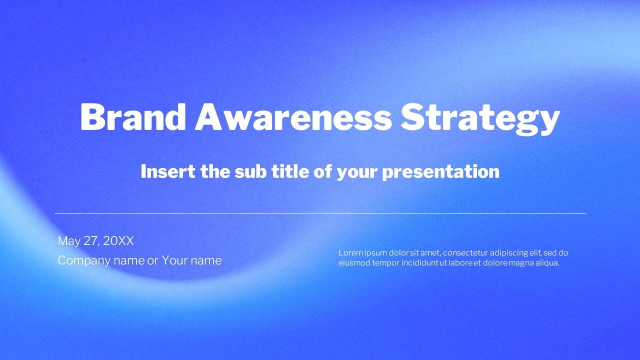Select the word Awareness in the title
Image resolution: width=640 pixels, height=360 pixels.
[x=293, y=117]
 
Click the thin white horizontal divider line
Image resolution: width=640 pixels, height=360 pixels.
[x=320, y=213]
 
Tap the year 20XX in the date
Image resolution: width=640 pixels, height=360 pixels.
[x=118, y=240]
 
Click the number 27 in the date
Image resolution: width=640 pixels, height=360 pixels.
[x=91, y=240]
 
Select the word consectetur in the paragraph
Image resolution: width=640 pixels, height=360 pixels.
[x=465, y=252]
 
